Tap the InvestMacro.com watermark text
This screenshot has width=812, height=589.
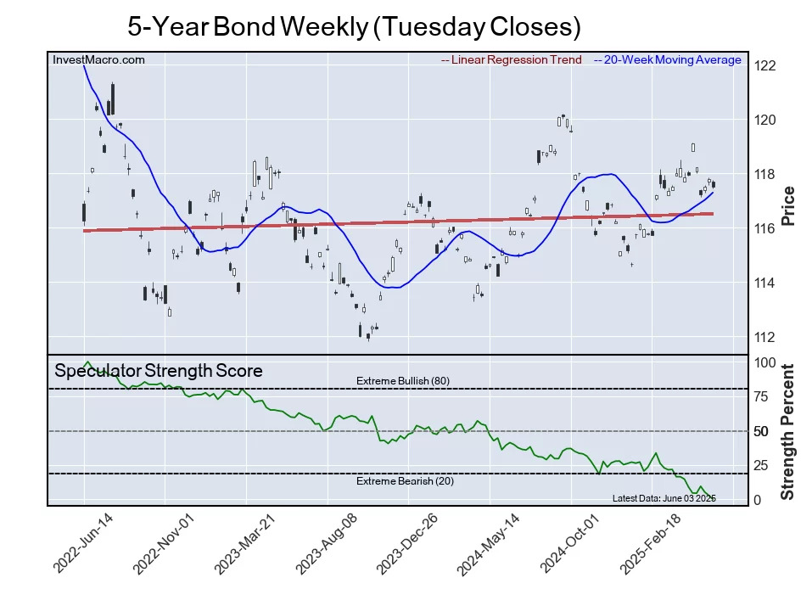[x=98, y=59]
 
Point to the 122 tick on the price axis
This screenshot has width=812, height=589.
[x=764, y=66]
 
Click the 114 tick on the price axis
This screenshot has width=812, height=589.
[x=764, y=283]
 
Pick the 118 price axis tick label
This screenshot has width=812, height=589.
[x=764, y=175]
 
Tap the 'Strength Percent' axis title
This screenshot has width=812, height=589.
[x=788, y=431]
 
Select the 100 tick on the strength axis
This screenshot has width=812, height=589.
[x=764, y=362]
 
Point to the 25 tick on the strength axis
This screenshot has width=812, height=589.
[x=762, y=465]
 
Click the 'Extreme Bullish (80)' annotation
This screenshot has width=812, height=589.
[x=402, y=380]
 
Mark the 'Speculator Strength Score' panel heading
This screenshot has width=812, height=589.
[x=159, y=371]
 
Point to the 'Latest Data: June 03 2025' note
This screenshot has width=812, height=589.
[x=664, y=498]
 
